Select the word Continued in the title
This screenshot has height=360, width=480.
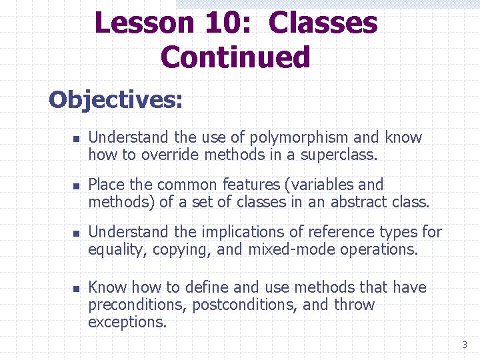[235, 57]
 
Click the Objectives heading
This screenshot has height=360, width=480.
[115, 100]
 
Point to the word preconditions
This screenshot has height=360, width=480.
[137, 305]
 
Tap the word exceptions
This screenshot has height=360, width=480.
[127, 323]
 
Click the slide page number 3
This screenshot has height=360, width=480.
[465, 345]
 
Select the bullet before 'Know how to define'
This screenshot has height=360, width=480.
[76, 289]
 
